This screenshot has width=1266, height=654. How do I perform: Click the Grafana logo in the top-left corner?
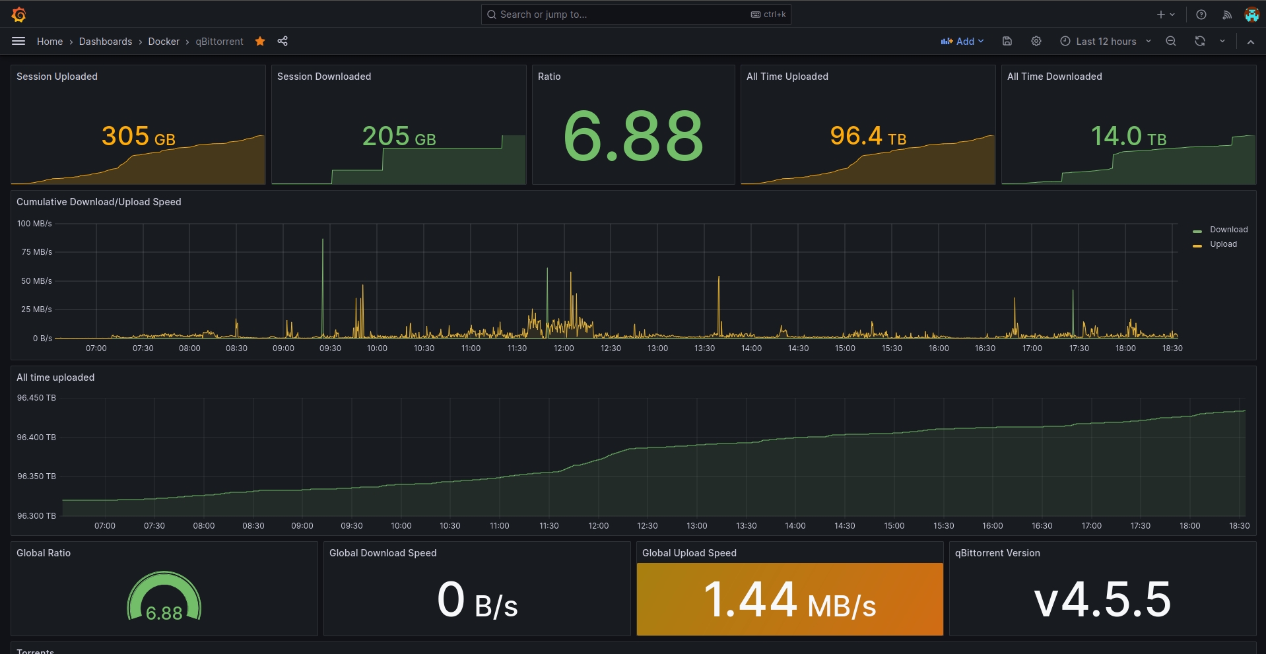pos(18,15)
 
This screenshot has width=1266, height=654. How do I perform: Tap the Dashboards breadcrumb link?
pos(106,42)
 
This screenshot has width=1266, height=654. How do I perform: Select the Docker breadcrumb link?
pos(164,42)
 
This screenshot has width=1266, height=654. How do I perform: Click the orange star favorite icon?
pos(260,42)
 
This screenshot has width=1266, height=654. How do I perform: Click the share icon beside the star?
pos(283,42)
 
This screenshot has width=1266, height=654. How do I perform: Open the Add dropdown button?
pos(962,42)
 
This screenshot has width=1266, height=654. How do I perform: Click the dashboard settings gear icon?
pos(1036,42)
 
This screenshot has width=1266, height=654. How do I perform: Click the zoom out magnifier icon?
pos(1171,42)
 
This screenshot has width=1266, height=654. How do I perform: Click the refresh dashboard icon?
pos(1200,42)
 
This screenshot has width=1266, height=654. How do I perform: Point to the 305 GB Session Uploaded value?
pos(138,137)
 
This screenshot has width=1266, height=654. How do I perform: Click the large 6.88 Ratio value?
pos(633,137)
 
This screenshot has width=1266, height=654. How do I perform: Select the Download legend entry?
pos(1228,230)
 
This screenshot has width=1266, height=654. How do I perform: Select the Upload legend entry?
pos(1222,244)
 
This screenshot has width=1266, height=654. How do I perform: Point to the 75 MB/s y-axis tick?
pos(36,252)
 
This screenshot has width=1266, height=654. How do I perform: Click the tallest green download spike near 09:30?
pos(323,264)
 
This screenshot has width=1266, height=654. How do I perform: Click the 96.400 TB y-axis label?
pos(36,438)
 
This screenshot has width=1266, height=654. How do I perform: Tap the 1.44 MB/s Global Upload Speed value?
pos(789,601)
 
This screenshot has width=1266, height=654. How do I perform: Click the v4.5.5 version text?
pos(1102,601)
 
